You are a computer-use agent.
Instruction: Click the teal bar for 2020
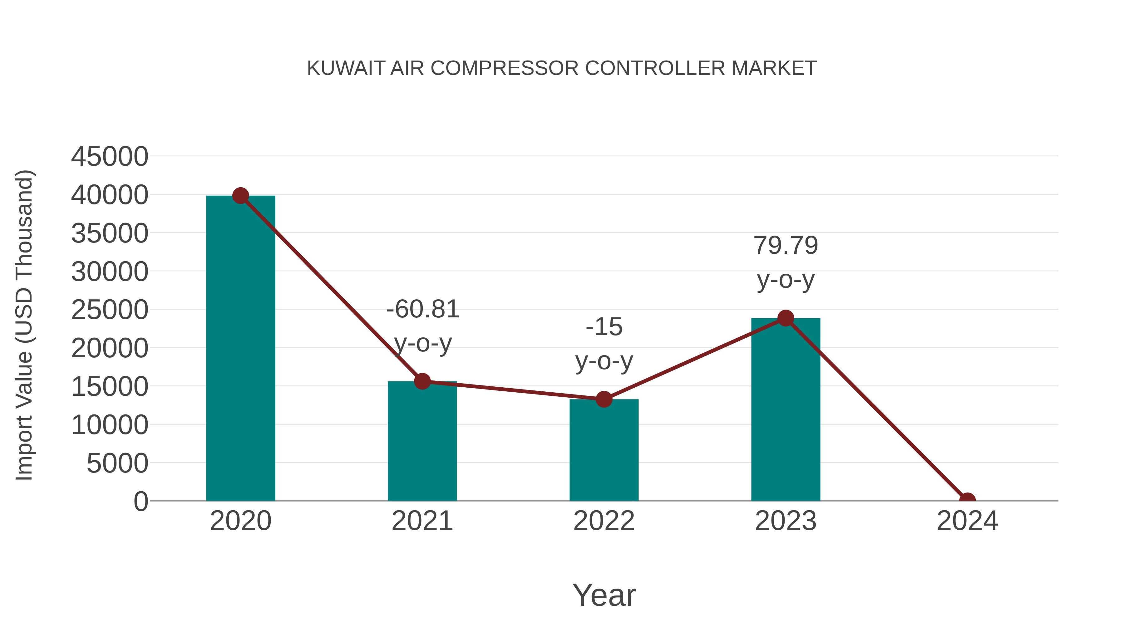tap(240, 349)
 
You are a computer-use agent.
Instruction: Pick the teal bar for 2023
tap(786, 410)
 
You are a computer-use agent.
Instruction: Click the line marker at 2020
tap(240, 196)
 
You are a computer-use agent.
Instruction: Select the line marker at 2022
tap(604, 399)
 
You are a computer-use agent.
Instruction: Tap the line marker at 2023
tap(786, 318)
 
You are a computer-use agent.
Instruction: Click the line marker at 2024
tap(967, 500)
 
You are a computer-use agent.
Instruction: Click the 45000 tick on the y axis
tap(110, 157)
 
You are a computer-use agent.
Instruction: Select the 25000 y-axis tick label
tap(110, 310)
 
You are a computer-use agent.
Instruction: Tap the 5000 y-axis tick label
tap(117, 463)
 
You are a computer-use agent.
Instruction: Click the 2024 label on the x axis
tap(967, 521)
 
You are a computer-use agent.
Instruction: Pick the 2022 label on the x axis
tap(604, 521)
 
